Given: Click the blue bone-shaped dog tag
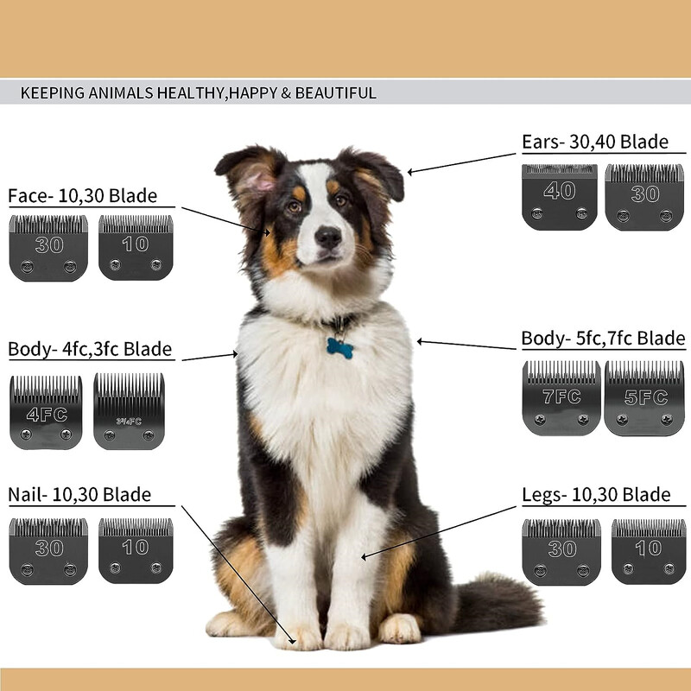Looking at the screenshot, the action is click(x=339, y=348).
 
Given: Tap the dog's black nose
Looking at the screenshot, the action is click(x=328, y=237).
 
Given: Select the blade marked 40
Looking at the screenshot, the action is click(x=559, y=197).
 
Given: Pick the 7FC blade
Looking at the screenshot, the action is click(x=561, y=398).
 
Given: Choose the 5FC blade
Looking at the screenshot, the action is click(x=644, y=398).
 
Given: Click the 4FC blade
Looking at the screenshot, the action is click(x=46, y=413).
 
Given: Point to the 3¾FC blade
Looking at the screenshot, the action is click(x=129, y=411).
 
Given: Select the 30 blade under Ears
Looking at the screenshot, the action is click(x=644, y=197).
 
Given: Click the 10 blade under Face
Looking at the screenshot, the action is click(x=136, y=247).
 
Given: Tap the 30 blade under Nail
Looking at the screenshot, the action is click(x=48, y=551).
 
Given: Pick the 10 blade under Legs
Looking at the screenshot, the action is click(x=649, y=552).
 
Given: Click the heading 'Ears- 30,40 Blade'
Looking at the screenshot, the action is click(x=595, y=142).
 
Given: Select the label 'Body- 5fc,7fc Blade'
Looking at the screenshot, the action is click(x=603, y=339).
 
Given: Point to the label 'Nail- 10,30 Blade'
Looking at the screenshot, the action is click(x=79, y=494).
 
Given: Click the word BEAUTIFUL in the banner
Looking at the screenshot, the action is click(x=336, y=93).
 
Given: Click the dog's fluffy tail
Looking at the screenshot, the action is click(x=498, y=601).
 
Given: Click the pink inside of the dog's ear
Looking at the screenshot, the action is click(x=259, y=180).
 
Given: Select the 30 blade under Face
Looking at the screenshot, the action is click(x=48, y=248).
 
